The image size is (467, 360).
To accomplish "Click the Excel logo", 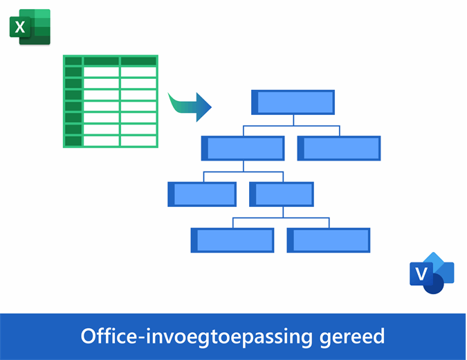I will pos(30,28).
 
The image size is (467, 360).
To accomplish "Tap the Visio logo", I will pos(432,273).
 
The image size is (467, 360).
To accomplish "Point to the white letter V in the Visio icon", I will pos(420,274).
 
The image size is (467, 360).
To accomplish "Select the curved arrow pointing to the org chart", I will pos(190,106).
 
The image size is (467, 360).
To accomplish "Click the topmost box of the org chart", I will pos(293,102).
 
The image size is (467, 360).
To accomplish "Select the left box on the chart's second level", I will pos(243,148).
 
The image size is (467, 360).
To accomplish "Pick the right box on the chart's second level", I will pos(339,148).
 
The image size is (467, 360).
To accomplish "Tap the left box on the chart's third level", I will pos(202,195).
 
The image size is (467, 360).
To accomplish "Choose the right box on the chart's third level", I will pos(282,195).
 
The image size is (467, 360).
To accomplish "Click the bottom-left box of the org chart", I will pos(232,240).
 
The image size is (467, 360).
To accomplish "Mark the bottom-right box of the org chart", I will pos(329,240).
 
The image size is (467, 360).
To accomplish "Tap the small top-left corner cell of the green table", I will pos(73,61).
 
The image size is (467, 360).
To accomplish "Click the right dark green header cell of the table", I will pos(138,61).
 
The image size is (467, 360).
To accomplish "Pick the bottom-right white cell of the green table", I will pos(138,141).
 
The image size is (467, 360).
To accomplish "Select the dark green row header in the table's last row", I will pos(73,141).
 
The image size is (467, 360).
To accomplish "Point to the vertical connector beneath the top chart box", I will pos(293,120).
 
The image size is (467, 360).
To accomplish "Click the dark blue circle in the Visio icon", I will pos(434,284).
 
